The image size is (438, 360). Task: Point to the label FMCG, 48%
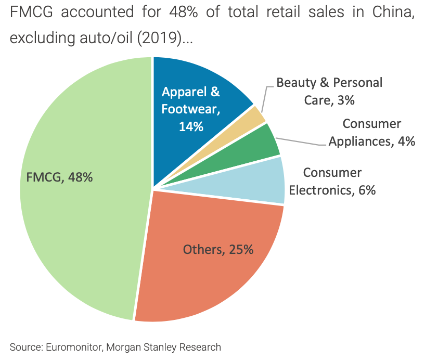(59, 177)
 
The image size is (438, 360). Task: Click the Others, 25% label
(218, 250)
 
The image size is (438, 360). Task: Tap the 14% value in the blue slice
(190, 126)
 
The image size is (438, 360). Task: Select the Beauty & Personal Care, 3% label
(329, 91)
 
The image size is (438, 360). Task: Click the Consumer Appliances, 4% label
(371, 133)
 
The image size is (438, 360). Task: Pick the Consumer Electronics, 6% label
(332, 181)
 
